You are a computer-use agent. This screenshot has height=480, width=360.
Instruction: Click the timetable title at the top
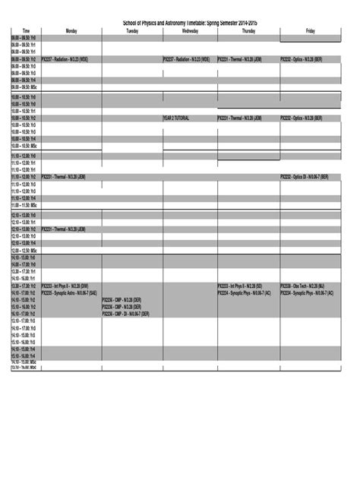pos(185,24)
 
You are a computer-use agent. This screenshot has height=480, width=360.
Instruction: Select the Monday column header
pos(71,31)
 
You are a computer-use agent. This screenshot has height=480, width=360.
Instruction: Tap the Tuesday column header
pos(131,31)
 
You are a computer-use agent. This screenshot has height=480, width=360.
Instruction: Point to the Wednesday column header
pos(189,31)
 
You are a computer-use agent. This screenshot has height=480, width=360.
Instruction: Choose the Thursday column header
pos(248,31)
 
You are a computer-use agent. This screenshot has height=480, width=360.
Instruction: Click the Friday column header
pos(311,31)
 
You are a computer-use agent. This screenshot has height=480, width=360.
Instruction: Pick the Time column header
pos(26,31)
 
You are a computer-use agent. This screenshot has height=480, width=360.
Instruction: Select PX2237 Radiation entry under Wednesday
pos(186,58)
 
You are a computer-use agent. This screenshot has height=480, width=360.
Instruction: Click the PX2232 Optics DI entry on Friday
pos(305,177)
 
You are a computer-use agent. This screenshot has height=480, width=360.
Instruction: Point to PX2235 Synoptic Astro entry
pos(69,292)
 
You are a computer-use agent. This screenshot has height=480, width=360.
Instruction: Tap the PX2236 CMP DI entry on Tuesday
pos(126,313)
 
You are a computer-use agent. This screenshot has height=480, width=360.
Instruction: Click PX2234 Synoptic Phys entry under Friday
pos(307,292)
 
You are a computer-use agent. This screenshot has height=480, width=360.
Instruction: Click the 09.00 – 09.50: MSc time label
pos(23,86)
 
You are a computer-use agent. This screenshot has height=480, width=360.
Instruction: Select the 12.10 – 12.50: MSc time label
pos(24,250)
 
